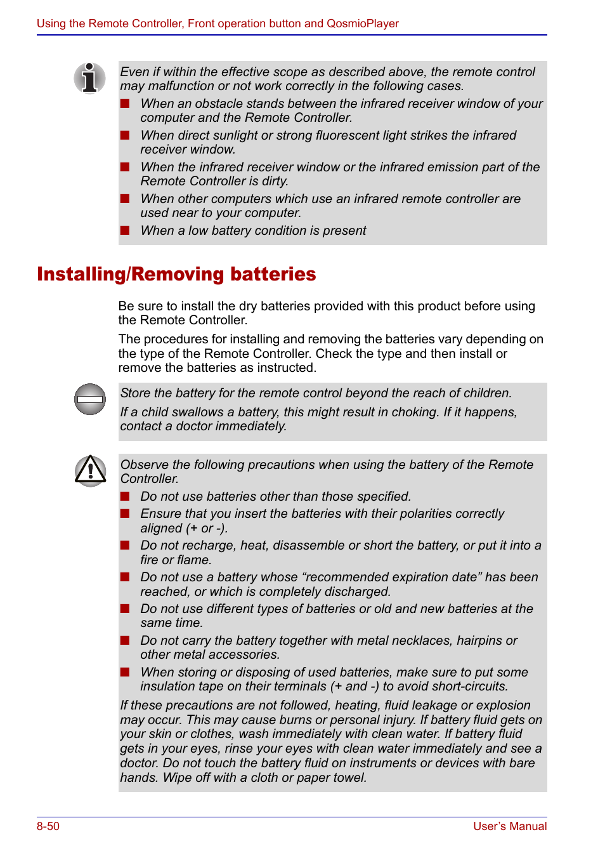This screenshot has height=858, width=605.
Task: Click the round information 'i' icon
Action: click(x=90, y=78)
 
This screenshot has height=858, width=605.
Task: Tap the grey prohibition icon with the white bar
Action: click(x=90, y=399)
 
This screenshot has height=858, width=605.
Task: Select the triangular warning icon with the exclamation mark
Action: click(x=91, y=471)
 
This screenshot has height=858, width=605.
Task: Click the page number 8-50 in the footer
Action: click(x=48, y=826)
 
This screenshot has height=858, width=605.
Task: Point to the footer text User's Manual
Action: click(x=510, y=826)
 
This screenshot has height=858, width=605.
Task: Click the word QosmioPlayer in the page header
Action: click(x=363, y=23)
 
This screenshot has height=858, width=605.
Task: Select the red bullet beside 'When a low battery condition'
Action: click(x=125, y=230)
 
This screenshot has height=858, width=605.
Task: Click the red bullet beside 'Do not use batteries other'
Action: click(x=125, y=496)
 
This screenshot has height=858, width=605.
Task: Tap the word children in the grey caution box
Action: click(x=486, y=393)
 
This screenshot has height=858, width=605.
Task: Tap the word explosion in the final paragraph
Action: click(x=503, y=705)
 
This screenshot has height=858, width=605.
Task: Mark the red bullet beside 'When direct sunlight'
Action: click(x=125, y=135)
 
